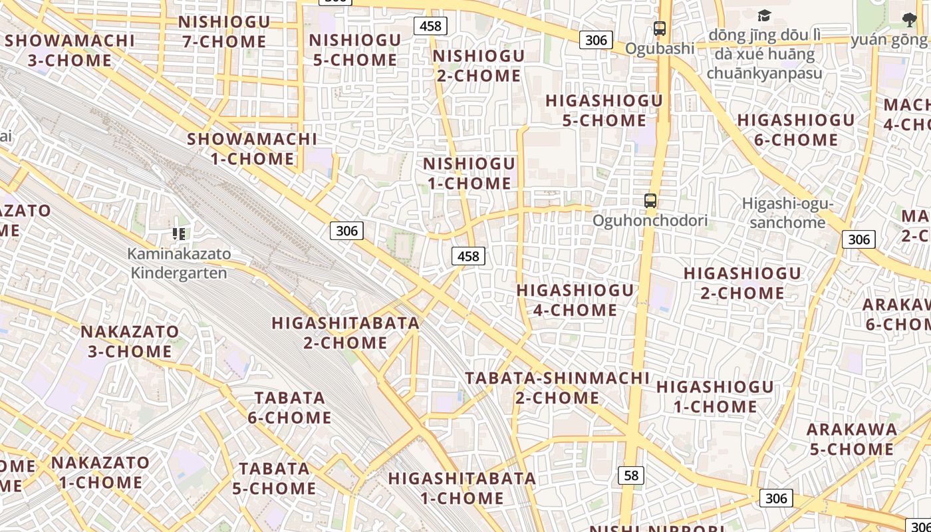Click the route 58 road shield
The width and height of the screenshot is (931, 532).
point(631,475)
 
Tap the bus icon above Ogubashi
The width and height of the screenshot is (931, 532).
point(660,29)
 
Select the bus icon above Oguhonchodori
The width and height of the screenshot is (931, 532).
point(650,200)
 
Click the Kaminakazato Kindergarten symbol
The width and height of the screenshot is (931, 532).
point(179,233)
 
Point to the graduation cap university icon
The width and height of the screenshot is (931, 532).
point(765,15)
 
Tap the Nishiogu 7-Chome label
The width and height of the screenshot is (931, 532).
point(224,31)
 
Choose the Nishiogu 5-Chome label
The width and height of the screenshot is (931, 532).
point(355,50)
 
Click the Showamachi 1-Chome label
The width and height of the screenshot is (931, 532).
point(252,149)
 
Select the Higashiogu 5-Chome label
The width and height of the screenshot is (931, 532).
point(604,110)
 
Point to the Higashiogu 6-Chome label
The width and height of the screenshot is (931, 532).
point(796,130)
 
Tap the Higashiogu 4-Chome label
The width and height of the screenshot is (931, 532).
point(575,300)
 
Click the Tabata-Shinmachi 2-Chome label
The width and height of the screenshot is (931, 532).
point(557,388)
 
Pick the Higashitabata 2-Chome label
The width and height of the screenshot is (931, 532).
point(346,332)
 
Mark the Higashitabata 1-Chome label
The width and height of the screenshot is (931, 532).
point(462,488)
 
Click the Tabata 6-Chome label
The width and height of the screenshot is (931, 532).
point(290,408)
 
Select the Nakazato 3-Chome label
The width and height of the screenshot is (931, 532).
point(130,341)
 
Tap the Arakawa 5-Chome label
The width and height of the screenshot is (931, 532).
point(852,439)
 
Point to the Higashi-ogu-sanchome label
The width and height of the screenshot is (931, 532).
point(787,213)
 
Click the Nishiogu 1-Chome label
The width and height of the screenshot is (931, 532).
point(469,173)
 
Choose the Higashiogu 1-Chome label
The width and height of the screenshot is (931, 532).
point(715,396)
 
